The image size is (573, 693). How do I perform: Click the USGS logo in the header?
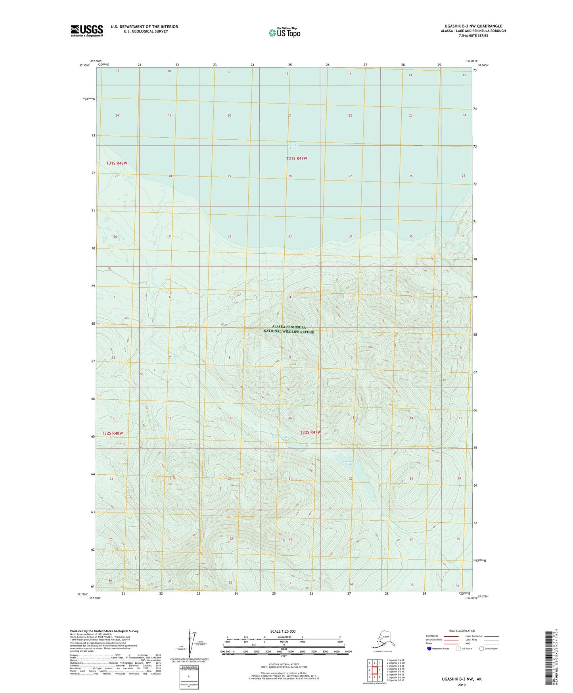(87, 31)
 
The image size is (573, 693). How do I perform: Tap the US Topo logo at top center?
(284, 33)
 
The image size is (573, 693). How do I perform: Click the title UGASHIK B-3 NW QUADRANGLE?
(470, 26)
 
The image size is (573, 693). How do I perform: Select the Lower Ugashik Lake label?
(293, 145)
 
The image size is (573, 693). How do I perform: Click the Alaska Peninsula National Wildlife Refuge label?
(289, 329)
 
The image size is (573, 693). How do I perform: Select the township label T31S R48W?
(117, 163)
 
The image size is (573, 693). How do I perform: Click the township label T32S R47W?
(310, 432)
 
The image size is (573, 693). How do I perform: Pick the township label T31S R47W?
(297, 158)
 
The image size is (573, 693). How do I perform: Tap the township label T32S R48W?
(112, 433)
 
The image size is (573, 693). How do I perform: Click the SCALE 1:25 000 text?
(283, 631)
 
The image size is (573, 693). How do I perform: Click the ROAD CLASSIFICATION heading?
(462, 631)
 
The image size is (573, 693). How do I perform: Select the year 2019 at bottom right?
(462, 685)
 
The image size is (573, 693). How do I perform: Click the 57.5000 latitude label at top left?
(84, 65)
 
